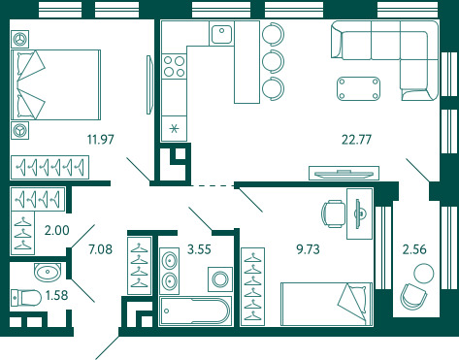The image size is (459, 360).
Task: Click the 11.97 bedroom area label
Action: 101,140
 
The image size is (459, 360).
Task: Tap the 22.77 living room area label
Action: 356,140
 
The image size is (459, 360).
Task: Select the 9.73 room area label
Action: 308,249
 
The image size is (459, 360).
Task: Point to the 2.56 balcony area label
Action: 414,249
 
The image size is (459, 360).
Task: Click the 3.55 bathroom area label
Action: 199,249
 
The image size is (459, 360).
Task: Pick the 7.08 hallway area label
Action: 101,249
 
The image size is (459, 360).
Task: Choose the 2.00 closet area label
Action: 57,230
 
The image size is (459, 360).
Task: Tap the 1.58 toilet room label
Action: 57,295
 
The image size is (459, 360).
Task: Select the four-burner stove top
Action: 174,66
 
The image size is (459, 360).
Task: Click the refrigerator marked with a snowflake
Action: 174,129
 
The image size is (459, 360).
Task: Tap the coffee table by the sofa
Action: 358,88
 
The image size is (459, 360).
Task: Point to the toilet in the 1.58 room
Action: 26,298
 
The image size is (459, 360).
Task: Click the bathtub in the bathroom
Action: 195,311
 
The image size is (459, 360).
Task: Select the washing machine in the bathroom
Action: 220,278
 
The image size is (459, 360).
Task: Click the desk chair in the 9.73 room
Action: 333,213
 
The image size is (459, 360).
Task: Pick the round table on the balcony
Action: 423,274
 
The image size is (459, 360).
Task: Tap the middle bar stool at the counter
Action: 274,61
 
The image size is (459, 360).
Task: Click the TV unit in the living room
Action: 344,173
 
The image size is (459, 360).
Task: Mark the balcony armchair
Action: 413,297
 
